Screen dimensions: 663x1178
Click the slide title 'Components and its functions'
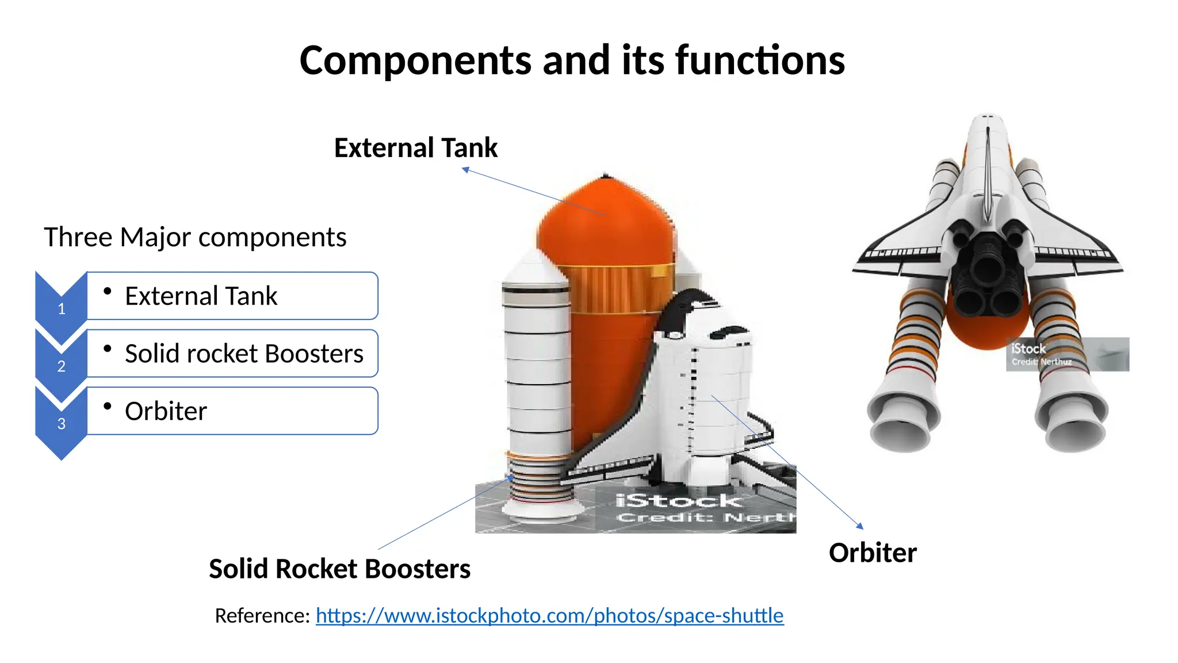click(x=572, y=60)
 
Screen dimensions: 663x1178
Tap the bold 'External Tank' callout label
click(x=415, y=148)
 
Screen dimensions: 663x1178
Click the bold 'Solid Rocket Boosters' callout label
click(x=339, y=569)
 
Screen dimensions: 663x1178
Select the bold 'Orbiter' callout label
click(x=872, y=552)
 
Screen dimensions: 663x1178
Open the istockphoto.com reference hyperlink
click(x=549, y=615)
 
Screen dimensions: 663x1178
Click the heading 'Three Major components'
click(x=195, y=237)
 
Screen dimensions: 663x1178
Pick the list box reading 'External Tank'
click(x=232, y=296)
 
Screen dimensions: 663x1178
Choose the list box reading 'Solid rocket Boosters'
click(x=232, y=353)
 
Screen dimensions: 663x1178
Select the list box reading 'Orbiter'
click(x=232, y=411)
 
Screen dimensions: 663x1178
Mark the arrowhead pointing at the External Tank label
click(x=466, y=169)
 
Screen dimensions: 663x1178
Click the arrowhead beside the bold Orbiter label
click(x=860, y=525)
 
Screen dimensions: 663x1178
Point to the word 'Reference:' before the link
click(x=262, y=615)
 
